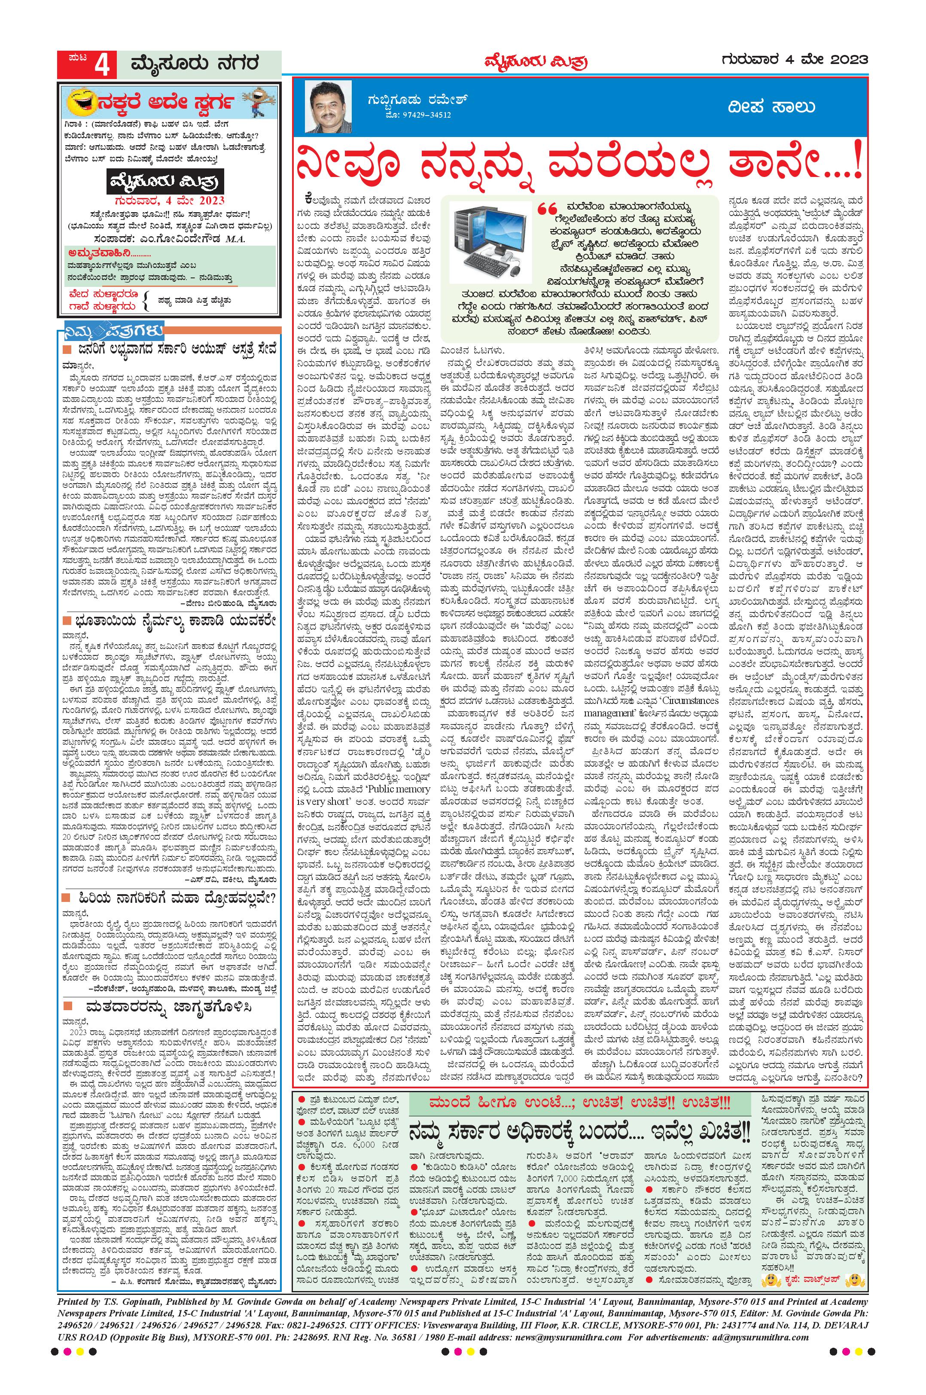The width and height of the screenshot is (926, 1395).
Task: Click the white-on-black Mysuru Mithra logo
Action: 167,183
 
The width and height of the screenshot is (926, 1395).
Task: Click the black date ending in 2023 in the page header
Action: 794,60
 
